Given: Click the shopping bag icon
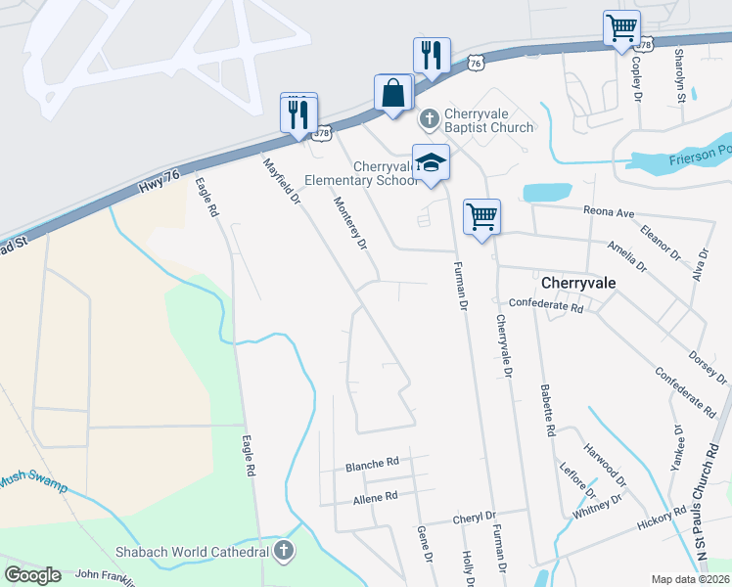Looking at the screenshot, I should tap(392, 94).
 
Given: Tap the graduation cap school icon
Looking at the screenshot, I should tap(431, 162).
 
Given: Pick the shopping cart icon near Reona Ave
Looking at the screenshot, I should tap(481, 216).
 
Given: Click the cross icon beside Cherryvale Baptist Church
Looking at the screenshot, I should tap(429, 119).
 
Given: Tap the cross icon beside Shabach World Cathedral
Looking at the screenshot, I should tap(284, 551).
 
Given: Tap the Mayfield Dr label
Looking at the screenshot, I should tap(280, 180).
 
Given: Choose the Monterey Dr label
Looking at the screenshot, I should tap(349, 223).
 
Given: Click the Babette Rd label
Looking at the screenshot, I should tap(547, 410).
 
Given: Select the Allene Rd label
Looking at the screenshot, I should tap(376, 497).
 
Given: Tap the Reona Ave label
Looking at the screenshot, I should tap(610, 212).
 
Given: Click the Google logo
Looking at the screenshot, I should tap(33, 575).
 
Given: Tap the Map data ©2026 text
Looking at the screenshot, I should tap(690, 579).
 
